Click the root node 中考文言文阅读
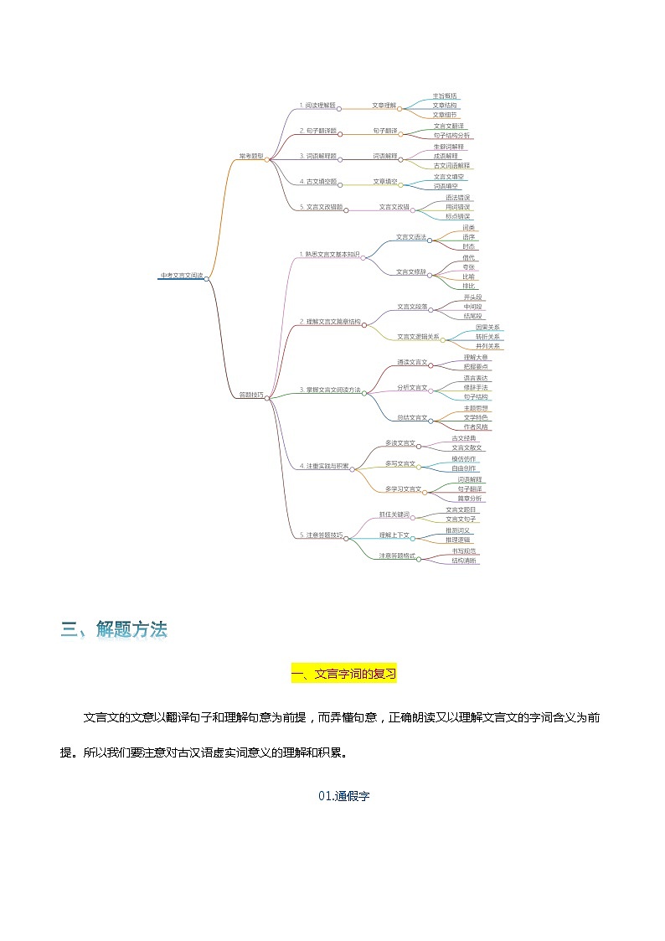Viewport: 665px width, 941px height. [x=181, y=275]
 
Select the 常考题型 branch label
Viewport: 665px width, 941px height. [x=251, y=156]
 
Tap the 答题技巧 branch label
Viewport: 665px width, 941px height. [x=251, y=394]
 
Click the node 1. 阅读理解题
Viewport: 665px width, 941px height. [x=317, y=106]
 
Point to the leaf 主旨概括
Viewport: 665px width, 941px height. [x=446, y=96]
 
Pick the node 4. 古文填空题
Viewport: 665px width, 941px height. [x=318, y=181]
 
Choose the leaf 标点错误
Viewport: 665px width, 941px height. [x=458, y=216]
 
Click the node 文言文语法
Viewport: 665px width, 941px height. [x=410, y=237]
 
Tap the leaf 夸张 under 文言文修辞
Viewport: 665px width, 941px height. [x=469, y=266]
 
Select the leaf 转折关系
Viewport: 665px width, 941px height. [x=487, y=336]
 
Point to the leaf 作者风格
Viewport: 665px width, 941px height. [x=476, y=427]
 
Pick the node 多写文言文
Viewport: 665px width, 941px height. [x=400, y=463]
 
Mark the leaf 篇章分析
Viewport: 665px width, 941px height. [x=470, y=499]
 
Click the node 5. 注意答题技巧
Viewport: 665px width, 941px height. [x=322, y=535]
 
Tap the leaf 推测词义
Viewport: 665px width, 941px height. [x=458, y=530]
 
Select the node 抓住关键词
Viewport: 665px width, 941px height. [x=394, y=514]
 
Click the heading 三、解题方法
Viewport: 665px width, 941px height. [x=114, y=629]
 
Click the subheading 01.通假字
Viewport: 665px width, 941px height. [x=343, y=796]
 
